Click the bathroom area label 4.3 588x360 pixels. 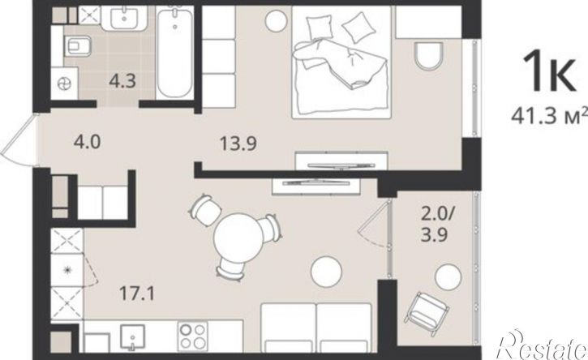(x=122, y=81)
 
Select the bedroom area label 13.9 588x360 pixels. (x=238, y=144)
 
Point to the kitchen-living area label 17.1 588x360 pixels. (x=137, y=293)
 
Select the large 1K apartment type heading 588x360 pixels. (x=549, y=71)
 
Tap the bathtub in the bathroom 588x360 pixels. (x=174, y=54)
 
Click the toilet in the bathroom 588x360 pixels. (x=77, y=46)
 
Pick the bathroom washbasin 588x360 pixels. (x=124, y=18)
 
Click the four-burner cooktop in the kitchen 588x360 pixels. (x=193, y=336)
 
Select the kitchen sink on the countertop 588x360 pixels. (x=132, y=337)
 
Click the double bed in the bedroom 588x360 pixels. (x=341, y=62)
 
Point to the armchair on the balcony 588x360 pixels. (x=427, y=310)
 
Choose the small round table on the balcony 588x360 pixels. (x=448, y=277)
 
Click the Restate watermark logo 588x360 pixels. (x=542, y=345)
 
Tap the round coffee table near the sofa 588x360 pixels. (x=326, y=272)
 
